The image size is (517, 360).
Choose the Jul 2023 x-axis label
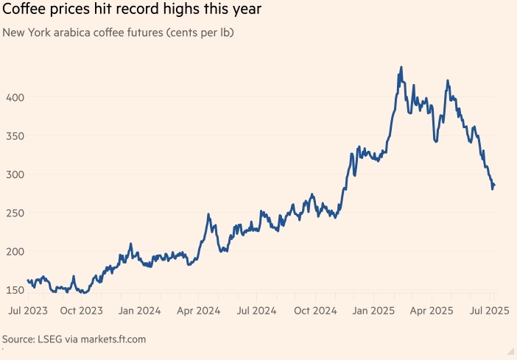pyautogui.click(x=29, y=311)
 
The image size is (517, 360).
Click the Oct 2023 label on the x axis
pyautogui.click(x=80, y=311)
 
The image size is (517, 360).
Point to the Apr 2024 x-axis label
pyautogui.click(x=197, y=311)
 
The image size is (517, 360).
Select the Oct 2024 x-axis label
pyautogui.click(x=314, y=311)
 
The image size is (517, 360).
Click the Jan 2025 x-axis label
pyautogui.click(x=373, y=311)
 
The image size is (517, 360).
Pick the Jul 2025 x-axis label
pyautogui.click(x=490, y=311)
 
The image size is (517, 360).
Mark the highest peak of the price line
pyautogui.click(x=401, y=67)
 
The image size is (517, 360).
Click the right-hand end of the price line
pyautogui.click(x=494, y=185)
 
